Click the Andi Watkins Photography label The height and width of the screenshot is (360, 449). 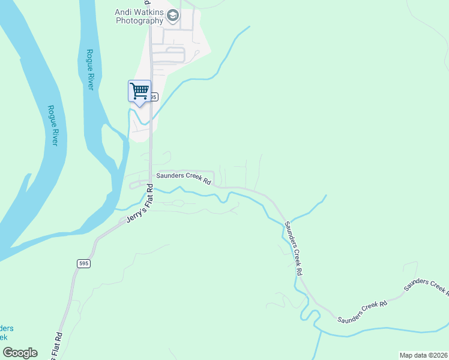point(139,16)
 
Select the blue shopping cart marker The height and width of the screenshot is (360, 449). point(139,91)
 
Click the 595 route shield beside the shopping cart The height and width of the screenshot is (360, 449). point(154,97)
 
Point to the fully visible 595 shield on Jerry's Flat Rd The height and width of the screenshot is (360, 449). point(83,263)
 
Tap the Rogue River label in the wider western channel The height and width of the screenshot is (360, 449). point(52,125)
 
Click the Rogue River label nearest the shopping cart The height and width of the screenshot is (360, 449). point(90,70)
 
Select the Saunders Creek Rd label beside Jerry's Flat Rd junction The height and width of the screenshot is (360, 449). point(184,178)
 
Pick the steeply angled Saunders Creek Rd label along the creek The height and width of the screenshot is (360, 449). point(293,248)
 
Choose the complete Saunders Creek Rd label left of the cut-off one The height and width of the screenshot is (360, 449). point(362,311)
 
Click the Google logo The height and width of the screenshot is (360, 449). point(20,353)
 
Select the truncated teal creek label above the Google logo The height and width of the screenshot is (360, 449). point(7,333)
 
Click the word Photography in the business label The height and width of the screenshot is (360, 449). point(139,20)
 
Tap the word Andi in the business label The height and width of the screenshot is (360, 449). point(122,11)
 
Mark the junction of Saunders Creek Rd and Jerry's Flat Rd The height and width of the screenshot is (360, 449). point(150,182)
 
